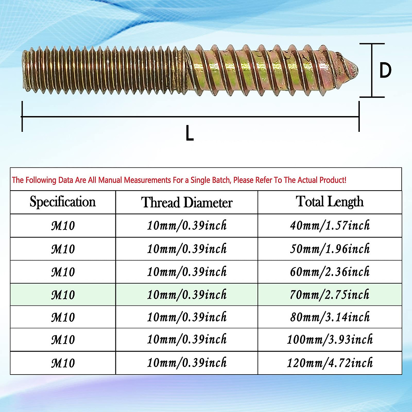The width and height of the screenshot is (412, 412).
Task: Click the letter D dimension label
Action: [385, 70]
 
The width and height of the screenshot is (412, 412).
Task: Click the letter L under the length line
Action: [190, 133]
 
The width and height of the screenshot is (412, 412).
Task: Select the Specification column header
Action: [63, 202]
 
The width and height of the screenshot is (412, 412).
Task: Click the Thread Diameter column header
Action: [187, 203]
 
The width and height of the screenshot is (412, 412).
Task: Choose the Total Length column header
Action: [330, 202]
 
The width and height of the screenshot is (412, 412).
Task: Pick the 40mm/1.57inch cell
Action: [330, 226]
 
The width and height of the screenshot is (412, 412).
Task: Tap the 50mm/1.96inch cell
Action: [330, 249]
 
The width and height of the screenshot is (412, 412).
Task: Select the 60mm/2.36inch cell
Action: [330, 272]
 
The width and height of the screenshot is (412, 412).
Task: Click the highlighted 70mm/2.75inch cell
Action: [330, 295]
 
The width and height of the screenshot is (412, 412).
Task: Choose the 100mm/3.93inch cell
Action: [330, 340]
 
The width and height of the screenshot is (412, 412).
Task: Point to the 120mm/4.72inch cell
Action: [330, 363]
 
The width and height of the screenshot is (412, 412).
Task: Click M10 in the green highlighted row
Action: [63, 295]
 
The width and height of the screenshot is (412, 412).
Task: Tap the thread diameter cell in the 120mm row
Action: [187, 363]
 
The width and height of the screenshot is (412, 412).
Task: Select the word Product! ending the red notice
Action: [333, 180]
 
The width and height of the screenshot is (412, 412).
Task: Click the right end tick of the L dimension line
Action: [359, 117]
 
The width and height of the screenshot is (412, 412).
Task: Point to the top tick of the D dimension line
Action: [372, 44]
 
